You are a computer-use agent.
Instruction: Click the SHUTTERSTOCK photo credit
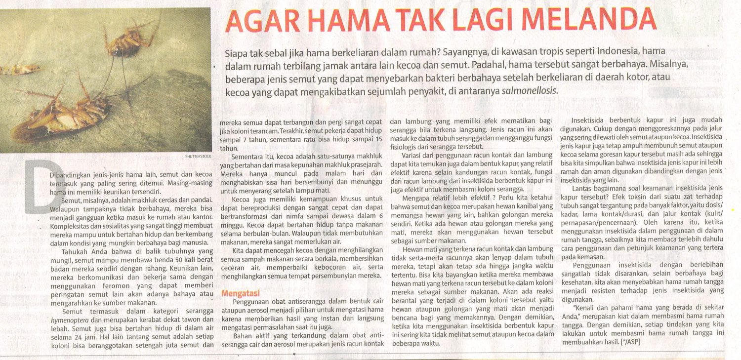(x=198, y=156)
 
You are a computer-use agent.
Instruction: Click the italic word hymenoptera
(x=69, y=320)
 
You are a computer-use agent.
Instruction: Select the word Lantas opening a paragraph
(x=584, y=189)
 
